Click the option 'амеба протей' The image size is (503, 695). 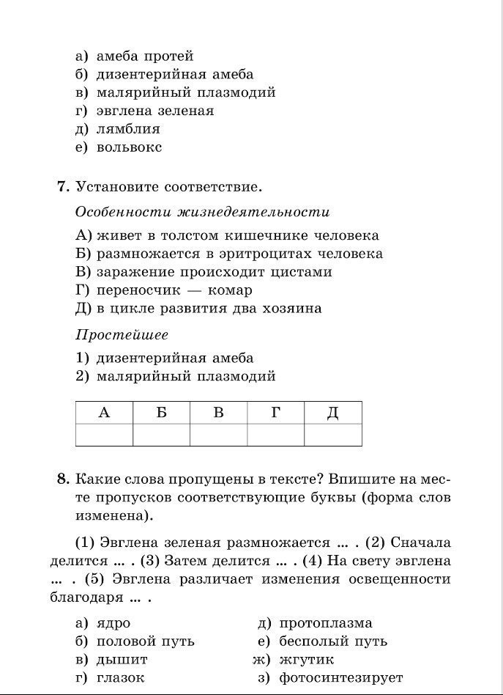click(x=145, y=56)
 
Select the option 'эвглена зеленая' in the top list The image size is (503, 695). click(x=155, y=111)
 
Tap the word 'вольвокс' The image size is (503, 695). click(x=130, y=147)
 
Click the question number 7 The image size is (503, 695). click(x=63, y=187)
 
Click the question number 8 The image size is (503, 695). click(x=63, y=479)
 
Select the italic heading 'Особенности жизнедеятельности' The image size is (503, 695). click(x=202, y=212)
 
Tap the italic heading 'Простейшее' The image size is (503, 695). click(x=122, y=335)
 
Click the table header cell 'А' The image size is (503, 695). click(x=104, y=413)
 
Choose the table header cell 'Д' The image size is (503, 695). click(x=332, y=413)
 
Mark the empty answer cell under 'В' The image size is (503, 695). click(x=218, y=435)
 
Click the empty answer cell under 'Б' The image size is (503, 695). click(x=161, y=435)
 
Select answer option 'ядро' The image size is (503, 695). click(x=113, y=623)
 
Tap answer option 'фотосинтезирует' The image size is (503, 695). click(x=340, y=678)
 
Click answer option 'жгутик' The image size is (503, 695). click(x=306, y=660)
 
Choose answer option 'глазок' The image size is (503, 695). click(x=121, y=678)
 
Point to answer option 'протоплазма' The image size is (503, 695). click(x=325, y=623)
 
